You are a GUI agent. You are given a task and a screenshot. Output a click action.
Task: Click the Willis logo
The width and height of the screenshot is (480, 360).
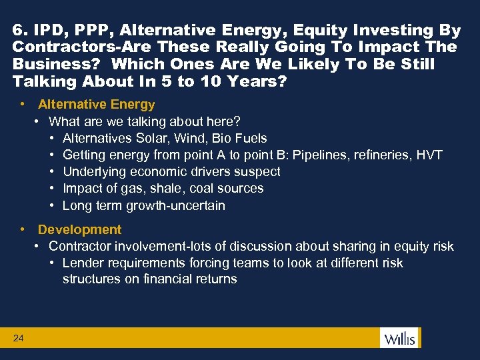(399, 338)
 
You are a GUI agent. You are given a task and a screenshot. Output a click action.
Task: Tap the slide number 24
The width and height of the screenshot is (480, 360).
(18, 339)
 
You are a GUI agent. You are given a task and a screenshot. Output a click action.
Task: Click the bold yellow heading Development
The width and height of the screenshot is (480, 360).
(79, 229)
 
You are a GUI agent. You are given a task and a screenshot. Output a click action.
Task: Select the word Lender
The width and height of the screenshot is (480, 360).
(83, 263)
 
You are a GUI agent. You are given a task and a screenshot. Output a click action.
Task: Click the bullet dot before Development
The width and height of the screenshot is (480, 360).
(23, 229)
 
